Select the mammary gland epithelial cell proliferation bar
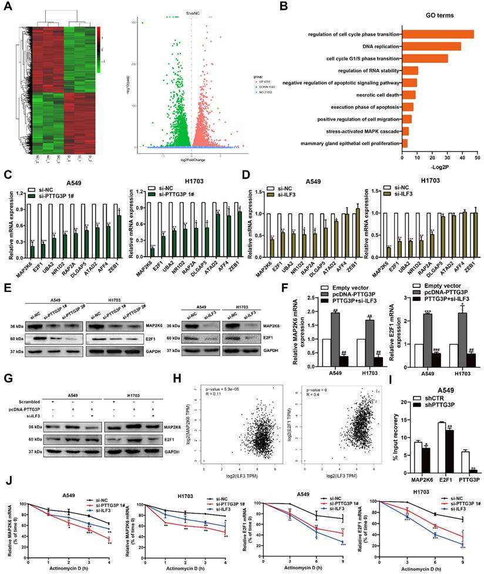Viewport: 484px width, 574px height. [x=405, y=143]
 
